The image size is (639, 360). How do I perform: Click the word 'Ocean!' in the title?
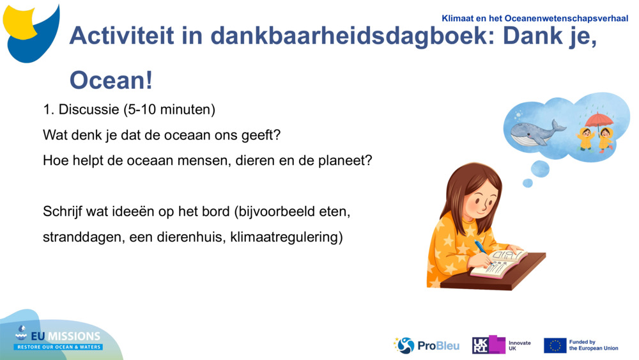(111, 81)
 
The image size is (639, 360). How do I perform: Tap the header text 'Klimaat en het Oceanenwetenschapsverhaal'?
(535, 19)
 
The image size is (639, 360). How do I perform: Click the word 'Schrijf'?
(62, 211)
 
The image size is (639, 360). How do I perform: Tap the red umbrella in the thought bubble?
(599, 120)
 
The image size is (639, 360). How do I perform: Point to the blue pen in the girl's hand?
(480, 248)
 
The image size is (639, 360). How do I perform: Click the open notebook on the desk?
(499, 263)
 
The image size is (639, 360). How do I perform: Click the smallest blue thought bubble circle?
(528, 183)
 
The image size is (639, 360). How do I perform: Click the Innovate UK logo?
(502, 345)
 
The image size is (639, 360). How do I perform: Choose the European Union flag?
(555, 345)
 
